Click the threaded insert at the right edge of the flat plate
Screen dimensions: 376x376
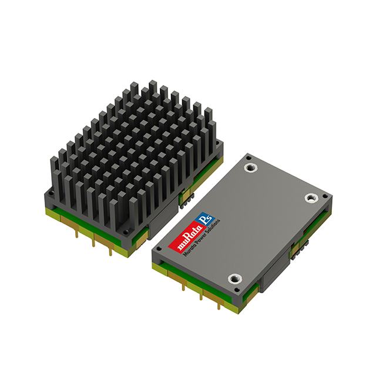click(310, 198)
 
